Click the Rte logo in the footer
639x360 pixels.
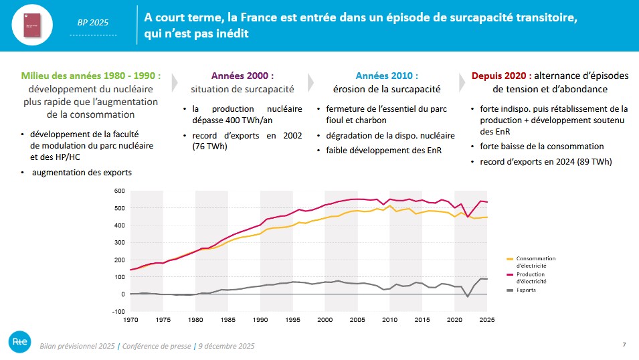click(18, 341)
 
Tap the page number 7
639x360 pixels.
click(624, 345)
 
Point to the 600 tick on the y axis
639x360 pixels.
click(120, 191)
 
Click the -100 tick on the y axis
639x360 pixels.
click(118, 311)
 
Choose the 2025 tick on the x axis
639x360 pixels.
click(487, 320)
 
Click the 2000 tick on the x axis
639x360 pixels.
click(325, 320)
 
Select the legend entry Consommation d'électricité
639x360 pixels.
click(535, 262)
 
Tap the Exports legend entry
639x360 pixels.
click(527, 290)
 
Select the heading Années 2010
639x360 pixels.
click(386, 76)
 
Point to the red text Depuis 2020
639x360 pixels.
click(499, 76)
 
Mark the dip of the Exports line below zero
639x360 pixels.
click(468, 296)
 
